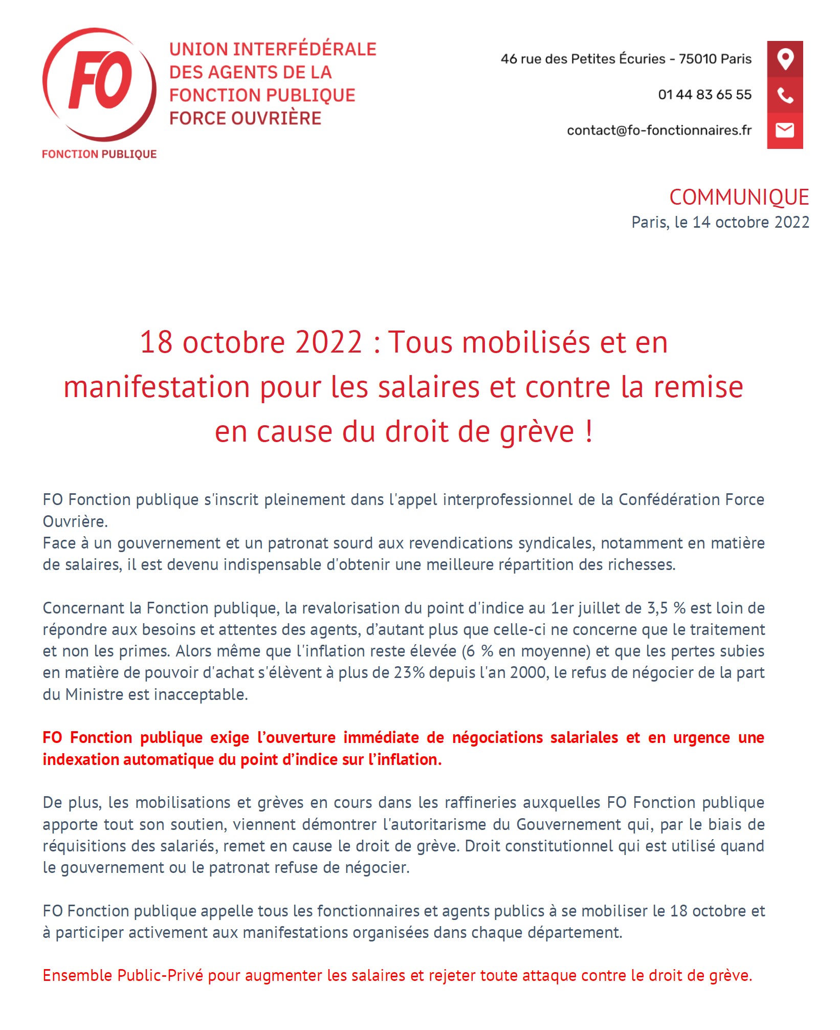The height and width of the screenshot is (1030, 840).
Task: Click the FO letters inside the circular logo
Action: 100,80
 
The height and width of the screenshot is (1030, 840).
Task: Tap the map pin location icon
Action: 784,59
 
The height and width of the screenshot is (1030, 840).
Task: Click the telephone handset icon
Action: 784,95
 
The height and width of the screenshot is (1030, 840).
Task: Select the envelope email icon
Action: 784,130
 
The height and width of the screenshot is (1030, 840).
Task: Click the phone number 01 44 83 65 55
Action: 704,95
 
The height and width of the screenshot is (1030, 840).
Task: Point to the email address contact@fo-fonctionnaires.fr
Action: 659,130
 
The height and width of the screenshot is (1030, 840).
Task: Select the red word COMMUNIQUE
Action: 739,198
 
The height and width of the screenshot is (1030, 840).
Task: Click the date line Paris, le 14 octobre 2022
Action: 720,222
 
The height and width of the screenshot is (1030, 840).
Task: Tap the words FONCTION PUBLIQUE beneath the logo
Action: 99,154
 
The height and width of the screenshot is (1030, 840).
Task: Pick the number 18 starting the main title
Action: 156,342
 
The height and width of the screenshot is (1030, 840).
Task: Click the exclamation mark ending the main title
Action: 589,431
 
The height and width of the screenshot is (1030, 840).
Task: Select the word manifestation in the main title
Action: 157,387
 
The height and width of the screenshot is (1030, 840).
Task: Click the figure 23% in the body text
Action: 409,672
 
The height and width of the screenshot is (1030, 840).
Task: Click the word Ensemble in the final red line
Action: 77,975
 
